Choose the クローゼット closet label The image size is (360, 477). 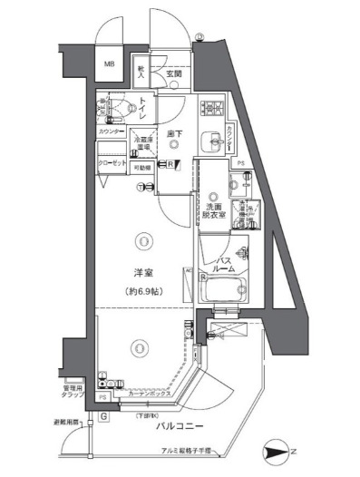click(112, 164)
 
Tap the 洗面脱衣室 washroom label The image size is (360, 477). click(215, 212)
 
